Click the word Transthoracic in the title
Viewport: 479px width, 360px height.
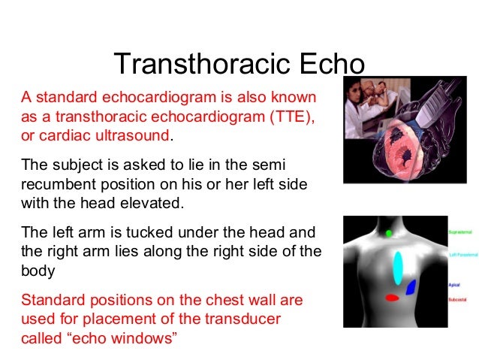point(194,65)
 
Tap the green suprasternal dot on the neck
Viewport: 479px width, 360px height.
point(389,233)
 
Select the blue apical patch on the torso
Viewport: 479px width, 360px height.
point(411,286)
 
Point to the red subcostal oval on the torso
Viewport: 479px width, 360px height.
point(392,298)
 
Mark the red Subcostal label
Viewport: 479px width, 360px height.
point(456,300)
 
